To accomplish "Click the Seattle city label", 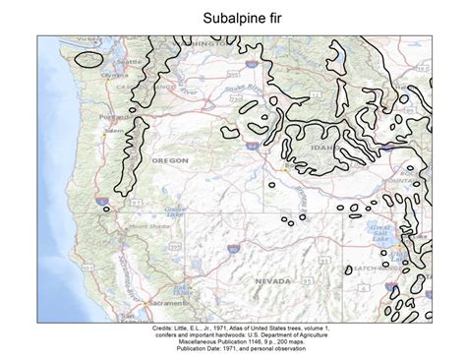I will pos(129,61).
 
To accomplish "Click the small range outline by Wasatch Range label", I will pos(349,269).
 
